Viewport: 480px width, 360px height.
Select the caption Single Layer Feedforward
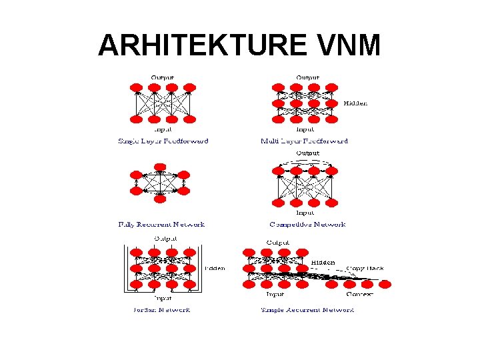coord(163,141)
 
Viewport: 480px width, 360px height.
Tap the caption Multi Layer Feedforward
coord(304,141)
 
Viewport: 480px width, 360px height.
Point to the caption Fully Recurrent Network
coord(161,225)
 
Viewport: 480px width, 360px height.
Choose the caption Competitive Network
coord(307,225)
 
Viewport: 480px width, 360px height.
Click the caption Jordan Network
coord(163,309)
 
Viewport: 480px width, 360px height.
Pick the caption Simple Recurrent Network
coord(307,309)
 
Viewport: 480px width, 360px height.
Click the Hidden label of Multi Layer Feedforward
coord(355,103)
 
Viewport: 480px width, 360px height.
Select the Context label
coord(359,294)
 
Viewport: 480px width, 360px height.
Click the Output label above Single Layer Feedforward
coord(163,78)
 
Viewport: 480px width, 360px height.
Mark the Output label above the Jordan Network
coord(165,238)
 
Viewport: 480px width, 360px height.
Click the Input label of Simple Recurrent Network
coord(275,294)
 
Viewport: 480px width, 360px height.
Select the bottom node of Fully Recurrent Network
coord(160,198)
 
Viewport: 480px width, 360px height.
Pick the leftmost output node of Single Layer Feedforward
coord(136,87)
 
